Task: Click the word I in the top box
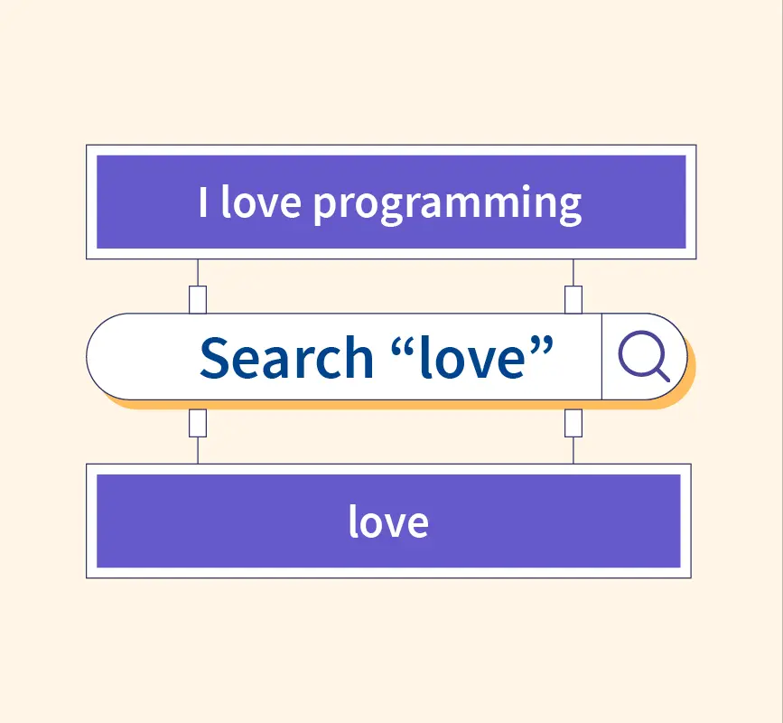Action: click(x=202, y=202)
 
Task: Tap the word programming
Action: click(x=447, y=205)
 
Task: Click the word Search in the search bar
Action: click(x=286, y=357)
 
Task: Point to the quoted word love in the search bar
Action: click(x=472, y=357)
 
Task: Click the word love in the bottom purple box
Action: click(x=388, y=521)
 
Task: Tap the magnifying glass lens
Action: click(x=641, y=353)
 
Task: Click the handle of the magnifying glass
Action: click(x=663, y=375)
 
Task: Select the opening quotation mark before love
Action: click(x=404, y=344)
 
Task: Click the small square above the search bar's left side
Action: click(x=198, y=300)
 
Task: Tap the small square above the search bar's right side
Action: click(x=573, y=300)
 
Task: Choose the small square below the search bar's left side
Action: click(x=198, y=423)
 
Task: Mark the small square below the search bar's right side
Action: click(x=573, y=423)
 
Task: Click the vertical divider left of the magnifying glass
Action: click(x=601, y=357)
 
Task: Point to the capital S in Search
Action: click(x=214, y=357)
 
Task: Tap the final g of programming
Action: click(x=570, y=208)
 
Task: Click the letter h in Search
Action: click(x=359, y=356)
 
